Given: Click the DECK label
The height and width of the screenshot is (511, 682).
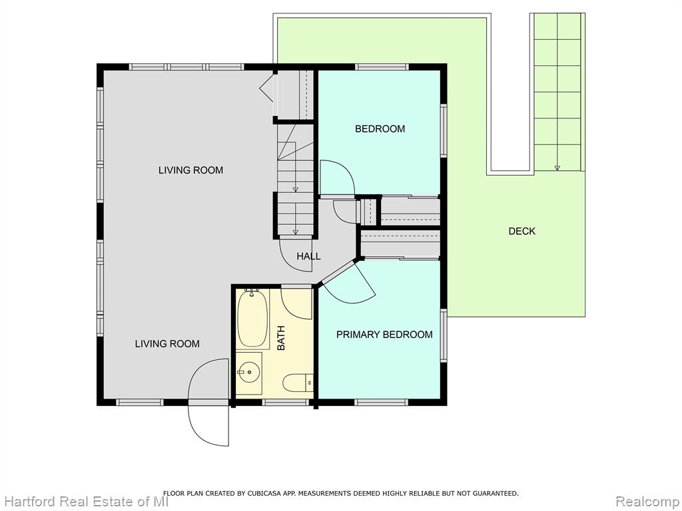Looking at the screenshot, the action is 522,231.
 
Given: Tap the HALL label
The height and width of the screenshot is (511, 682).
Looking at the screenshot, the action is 309,256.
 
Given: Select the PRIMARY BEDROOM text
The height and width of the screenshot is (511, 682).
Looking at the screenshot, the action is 384,335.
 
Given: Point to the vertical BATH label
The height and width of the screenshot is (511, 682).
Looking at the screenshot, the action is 282,338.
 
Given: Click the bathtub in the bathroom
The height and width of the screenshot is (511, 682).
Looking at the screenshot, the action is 252,319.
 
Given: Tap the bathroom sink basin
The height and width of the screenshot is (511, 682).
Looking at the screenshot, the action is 248,372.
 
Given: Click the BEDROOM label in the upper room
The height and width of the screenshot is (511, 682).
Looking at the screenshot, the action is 380,128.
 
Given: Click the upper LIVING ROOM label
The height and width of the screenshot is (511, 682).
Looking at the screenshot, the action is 191,170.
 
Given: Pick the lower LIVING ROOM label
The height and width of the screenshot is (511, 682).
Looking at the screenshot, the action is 167,344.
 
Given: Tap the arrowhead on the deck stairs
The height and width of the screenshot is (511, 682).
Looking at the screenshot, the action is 557,168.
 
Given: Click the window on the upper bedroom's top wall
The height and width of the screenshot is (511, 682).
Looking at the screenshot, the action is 382,67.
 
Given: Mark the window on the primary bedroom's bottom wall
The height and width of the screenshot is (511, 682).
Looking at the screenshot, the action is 382,403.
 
